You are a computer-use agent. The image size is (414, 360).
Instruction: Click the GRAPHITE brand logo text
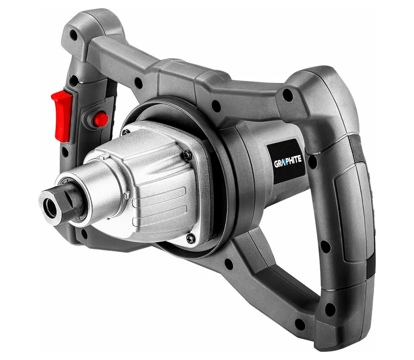click(288, 161)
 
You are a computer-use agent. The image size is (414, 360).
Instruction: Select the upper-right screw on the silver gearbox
click(188, 155)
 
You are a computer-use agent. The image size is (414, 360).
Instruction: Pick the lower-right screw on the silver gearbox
click(190, 239)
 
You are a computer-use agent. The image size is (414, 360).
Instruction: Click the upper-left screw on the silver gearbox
click(126, 132)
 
